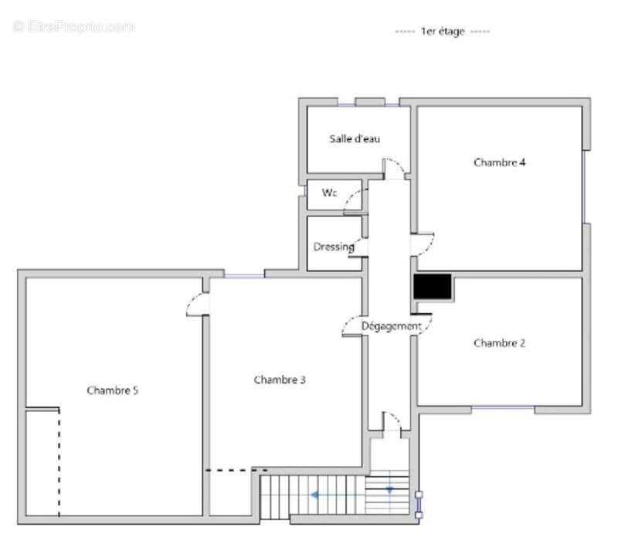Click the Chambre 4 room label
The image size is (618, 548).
pos(499,162)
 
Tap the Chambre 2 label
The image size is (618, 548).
pos(499,343)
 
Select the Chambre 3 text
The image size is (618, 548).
pos(280,380)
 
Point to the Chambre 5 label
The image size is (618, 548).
pos(112,390)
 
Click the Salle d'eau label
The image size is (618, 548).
pos(355,139)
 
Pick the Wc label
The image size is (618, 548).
pos(330,192)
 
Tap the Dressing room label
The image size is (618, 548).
pos(334,247)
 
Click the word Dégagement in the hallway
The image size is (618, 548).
pos(392,326)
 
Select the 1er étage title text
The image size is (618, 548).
pos(443,31)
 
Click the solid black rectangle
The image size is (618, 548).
pos(433,287)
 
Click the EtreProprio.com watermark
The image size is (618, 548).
pos(73,27)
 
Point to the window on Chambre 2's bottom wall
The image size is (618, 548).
pos(503,407)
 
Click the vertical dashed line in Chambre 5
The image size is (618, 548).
pos(59,462)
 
